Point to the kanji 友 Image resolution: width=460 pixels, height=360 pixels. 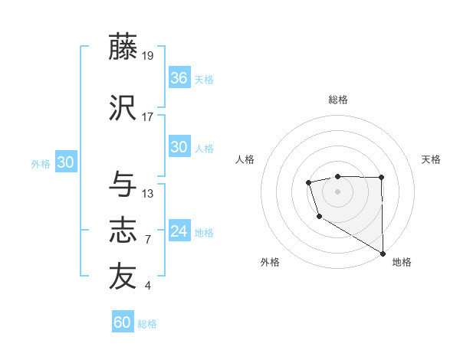pos(123,277)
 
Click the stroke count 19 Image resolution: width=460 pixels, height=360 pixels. pos(148,55)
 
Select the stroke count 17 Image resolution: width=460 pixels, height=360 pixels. pos(148,116)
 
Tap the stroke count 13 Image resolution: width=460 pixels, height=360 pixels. pos(148,193)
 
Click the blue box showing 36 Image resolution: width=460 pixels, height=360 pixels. pos(179,78)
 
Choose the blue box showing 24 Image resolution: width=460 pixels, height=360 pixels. pos(179,231)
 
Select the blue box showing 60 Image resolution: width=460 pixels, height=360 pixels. pos(123,322)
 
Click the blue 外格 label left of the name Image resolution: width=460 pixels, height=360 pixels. pos(41,163)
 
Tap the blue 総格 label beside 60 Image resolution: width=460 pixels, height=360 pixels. pos(147,324)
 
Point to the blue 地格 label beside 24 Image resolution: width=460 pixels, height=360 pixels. pos(204,232)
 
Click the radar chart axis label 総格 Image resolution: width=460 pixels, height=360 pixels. pos(338,100)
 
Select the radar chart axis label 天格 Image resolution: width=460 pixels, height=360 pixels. pos(432,159)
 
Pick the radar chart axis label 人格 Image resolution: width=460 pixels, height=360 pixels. pos(245,159)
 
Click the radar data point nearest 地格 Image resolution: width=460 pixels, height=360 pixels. pos(383,254)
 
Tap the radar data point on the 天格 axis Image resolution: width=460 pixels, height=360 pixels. pos(381,178)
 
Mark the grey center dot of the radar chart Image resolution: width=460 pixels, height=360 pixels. pos(337,191)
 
